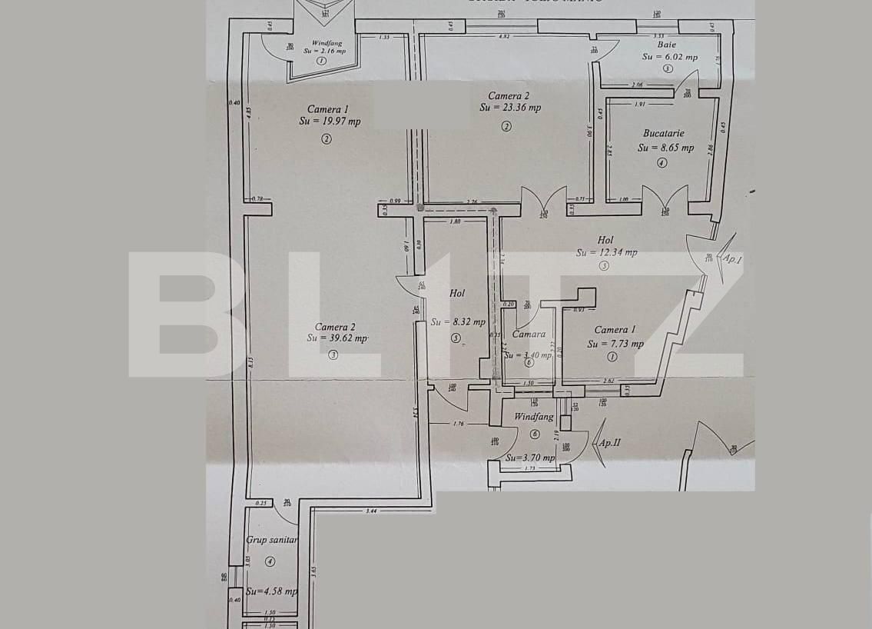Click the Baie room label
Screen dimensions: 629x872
[x=667, y=45]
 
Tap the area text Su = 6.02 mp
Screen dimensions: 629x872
[x=670, y=56]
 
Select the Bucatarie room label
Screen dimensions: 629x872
[x=663, y=133]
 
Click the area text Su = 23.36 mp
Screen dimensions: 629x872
[x=510, y=108]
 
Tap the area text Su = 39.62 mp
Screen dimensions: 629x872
[x=338, y=338]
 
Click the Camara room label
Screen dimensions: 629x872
[x=529, y=334]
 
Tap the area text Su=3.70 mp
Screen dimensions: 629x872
[x=530, y=458]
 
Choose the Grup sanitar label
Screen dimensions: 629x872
[x=271, y=540]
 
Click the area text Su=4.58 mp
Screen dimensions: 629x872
[x=272, y=591]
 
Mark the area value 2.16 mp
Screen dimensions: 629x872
[x=332, y=51]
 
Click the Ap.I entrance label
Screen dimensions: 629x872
[x=732, y=259]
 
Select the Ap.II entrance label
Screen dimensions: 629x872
[x=609, y=443]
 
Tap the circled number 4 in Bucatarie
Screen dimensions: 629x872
[x=661, y=163]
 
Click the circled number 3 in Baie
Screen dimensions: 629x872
[x=668, y=68]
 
